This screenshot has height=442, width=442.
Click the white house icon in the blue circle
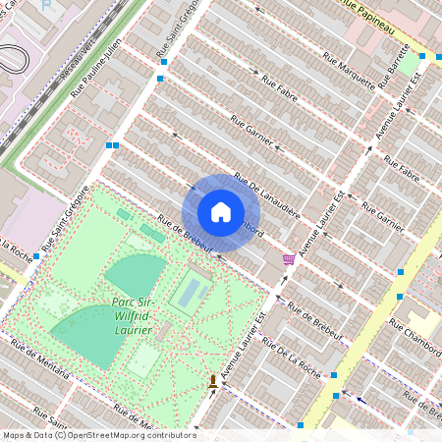[x=221, y=212]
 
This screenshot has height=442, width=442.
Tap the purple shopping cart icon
[x=289, y=258]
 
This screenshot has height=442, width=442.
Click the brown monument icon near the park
[x=213, y=381]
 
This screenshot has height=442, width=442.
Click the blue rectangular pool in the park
[x=192, y=292]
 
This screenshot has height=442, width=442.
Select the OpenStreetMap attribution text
[x=98, y=435]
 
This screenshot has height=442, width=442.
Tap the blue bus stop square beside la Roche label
[x=36, y=256]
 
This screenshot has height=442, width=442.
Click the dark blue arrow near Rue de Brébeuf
[x=362, y=400]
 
